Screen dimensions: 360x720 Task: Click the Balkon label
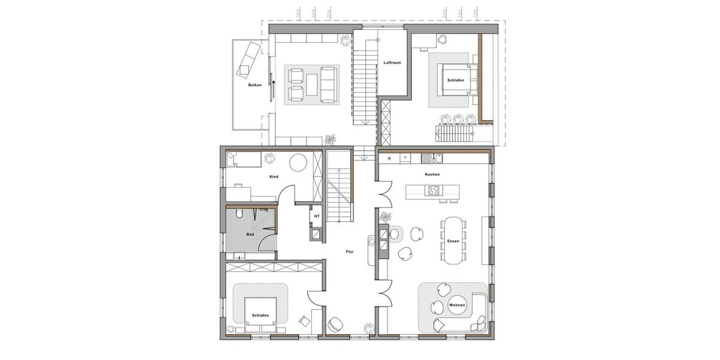tap(255, 86)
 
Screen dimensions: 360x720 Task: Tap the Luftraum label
tap(392, 62)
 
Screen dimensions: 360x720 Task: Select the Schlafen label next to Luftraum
tap(455, 80)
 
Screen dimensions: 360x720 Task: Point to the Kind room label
tap(274, 177)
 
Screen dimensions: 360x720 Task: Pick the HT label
tap(316, 216)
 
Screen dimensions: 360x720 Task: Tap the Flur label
tap(349, 252)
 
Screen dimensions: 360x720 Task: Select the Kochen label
tap(432, 175)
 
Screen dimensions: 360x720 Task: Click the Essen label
tap(453, 241)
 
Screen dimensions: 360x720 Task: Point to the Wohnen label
tap(457, 305)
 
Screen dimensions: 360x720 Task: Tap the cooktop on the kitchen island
tap(433, 191)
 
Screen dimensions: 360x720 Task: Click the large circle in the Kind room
tap(298, 163)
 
